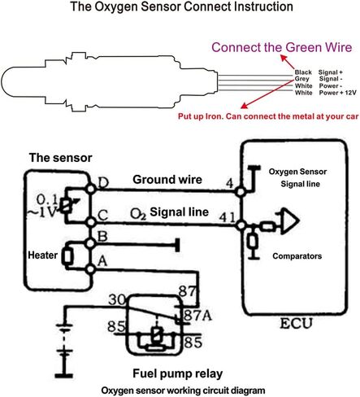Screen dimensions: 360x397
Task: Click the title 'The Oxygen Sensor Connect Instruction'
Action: click(x=181, y=7)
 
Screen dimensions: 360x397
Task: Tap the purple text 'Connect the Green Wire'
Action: click(x=282, y=47)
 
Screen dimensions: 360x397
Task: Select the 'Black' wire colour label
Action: click(x=303, y=72)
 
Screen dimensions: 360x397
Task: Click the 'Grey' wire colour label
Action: click(x=301, y=79)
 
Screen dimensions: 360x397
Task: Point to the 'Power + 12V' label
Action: click(x=337, y=93)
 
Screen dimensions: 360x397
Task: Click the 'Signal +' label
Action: click(x=331, y=72)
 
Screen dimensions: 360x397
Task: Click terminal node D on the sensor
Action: click(x=91, y=189)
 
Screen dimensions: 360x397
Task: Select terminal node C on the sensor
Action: click(x=91, y=222)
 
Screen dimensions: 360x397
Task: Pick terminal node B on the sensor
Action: click(x=91, y=243)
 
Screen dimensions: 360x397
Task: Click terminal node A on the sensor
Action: click(x=90, y=269)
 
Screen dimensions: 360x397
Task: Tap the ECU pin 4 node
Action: click(x=240, y=192)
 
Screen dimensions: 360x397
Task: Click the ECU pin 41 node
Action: click(x=241, y=225)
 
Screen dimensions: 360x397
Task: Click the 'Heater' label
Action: click(x=43, y=255)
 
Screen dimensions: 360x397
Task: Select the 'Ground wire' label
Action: click(x=167, y=180)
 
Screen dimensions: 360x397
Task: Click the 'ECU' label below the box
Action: click(x=296, y=323)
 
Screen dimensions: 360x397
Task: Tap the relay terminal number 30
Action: click(x=117, y=299)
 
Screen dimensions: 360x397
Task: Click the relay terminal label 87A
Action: click(x=197, y=316)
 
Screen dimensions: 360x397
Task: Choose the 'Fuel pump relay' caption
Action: click(x=178, y=373)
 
